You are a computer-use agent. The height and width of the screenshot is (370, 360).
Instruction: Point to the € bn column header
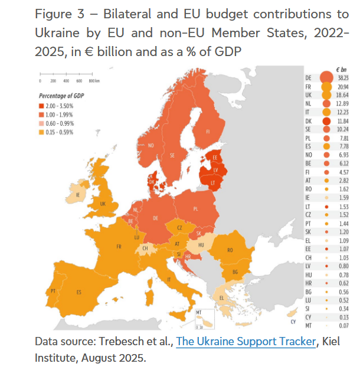[x=340, y=69]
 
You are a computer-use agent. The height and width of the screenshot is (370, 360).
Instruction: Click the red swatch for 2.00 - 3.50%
[x=42, y=105]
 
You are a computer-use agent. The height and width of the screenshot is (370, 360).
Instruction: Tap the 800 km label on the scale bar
[x=93, y=80]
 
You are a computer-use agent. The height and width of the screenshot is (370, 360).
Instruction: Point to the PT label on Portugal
[x=53, y=291]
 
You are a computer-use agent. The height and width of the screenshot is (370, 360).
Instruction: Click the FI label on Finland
[x=208, y=132]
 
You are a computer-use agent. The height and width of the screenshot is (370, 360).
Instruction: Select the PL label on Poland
[x=196, y=209]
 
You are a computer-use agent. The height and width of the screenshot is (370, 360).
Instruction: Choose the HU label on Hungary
[x=200, y=244]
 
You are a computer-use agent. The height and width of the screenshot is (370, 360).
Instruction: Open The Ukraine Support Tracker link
[x=246, y=342]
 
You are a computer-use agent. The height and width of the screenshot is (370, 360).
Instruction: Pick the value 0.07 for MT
[x=343, y=325]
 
